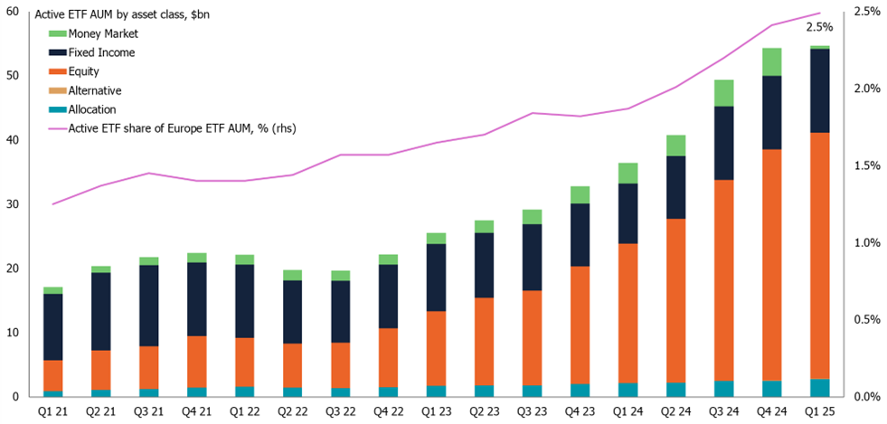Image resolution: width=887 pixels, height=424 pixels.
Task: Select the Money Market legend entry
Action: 103,34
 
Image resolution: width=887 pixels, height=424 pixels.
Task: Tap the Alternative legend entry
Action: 94,90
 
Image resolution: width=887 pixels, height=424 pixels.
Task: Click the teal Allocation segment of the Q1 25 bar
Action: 819,388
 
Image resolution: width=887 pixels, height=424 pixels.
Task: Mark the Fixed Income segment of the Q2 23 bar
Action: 485,265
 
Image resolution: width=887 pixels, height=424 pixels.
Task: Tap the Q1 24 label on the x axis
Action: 628,411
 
